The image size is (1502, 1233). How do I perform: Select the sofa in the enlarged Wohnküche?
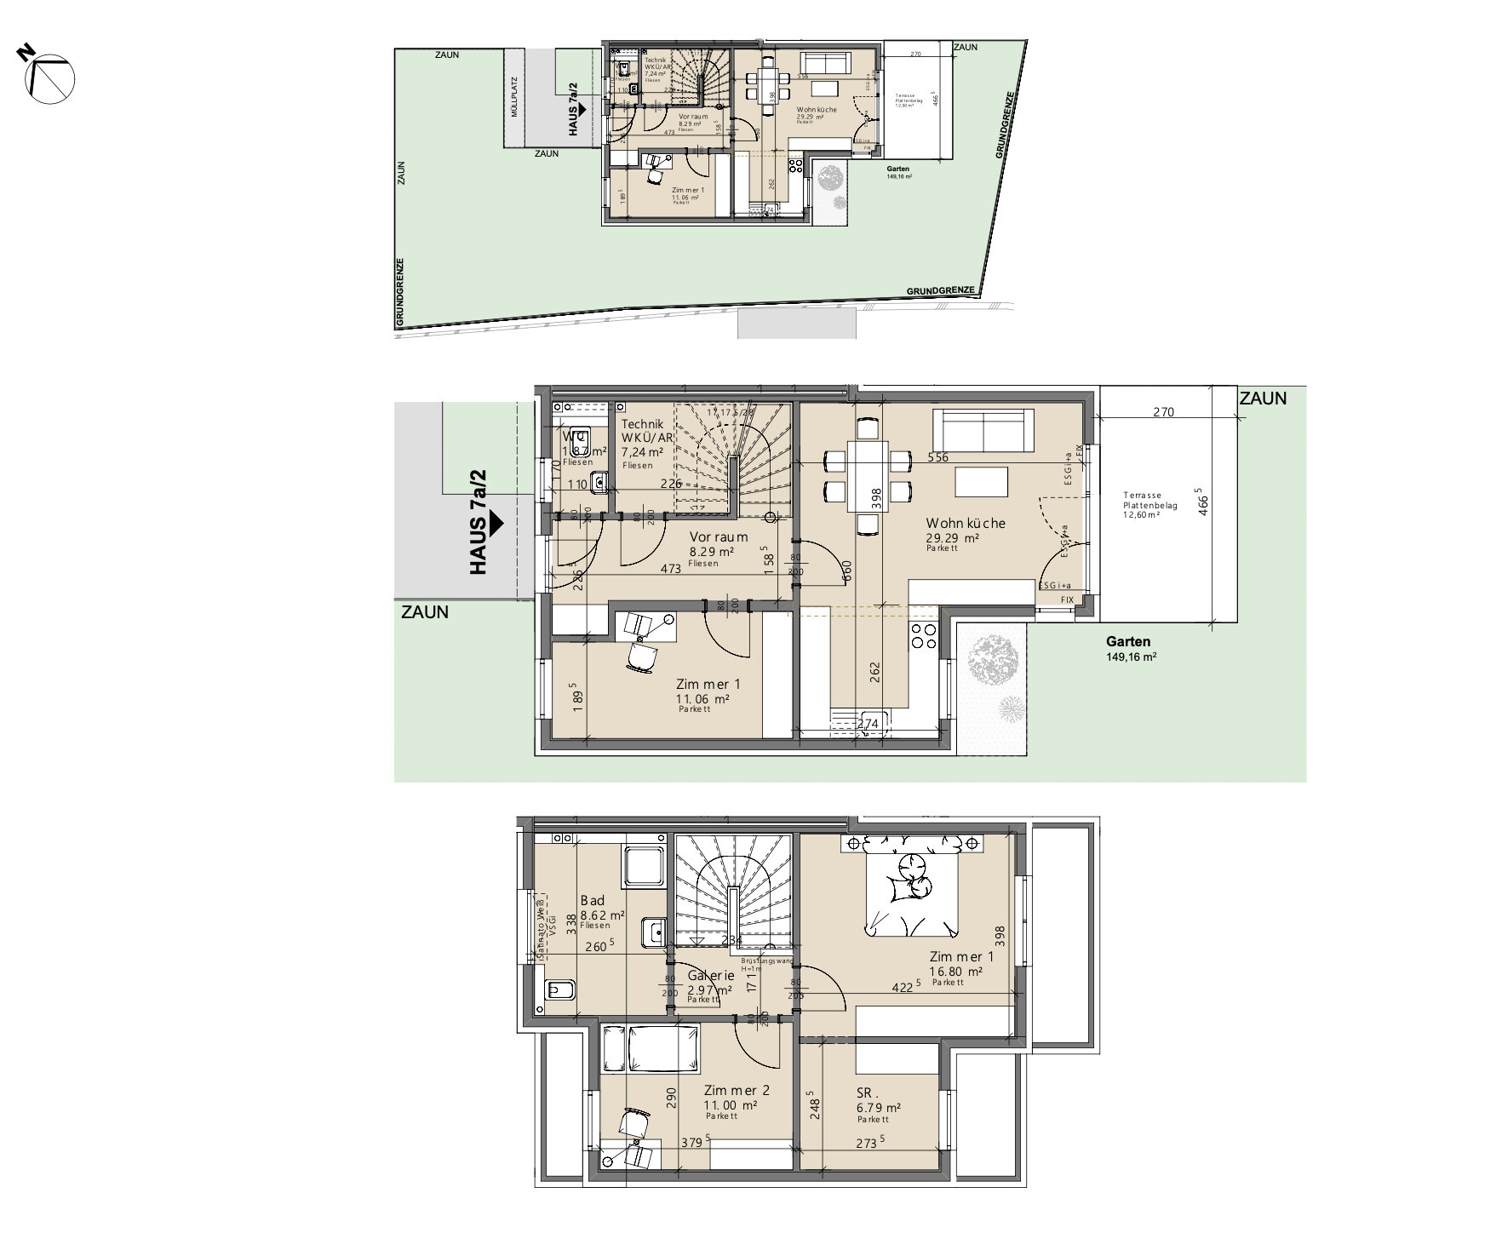coord(983,431)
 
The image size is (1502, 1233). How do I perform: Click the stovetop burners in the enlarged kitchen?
coord(924,635)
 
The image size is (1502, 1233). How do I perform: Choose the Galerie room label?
coord(710,976)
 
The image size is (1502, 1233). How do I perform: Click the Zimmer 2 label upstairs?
coord(737,1090)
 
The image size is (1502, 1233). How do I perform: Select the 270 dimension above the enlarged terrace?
coord(1163,412)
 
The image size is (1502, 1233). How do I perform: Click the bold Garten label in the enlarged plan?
coord(1128,642)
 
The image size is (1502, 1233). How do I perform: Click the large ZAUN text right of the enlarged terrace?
coord(1262,399)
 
